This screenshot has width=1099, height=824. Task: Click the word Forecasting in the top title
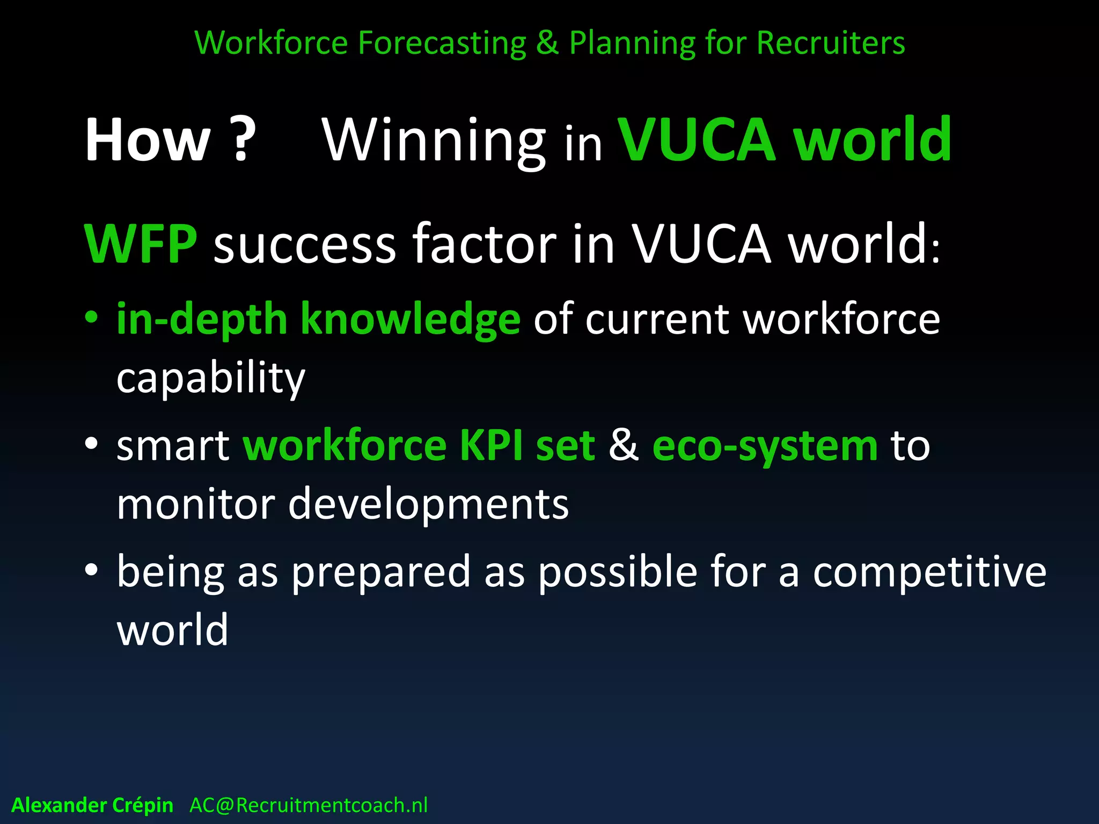[x=442, y=43]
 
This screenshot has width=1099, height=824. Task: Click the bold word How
[x=148, y=141]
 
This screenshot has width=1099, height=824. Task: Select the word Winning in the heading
[x=434, y=141]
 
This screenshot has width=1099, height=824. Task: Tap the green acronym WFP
[x=141, y=244]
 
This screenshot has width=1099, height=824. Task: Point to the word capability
[x=210, y=379]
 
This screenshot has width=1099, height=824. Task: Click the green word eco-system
[x=765, y=446]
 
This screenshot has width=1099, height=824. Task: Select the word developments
[x=428, y=505]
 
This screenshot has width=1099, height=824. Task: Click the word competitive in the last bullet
[x=929, y=572]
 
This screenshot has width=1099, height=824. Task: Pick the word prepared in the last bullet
[x=381, y=573]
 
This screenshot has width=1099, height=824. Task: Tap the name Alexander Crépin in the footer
[x=92, y=805]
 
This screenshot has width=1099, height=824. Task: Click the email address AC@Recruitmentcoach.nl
[x=309, y=805]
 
